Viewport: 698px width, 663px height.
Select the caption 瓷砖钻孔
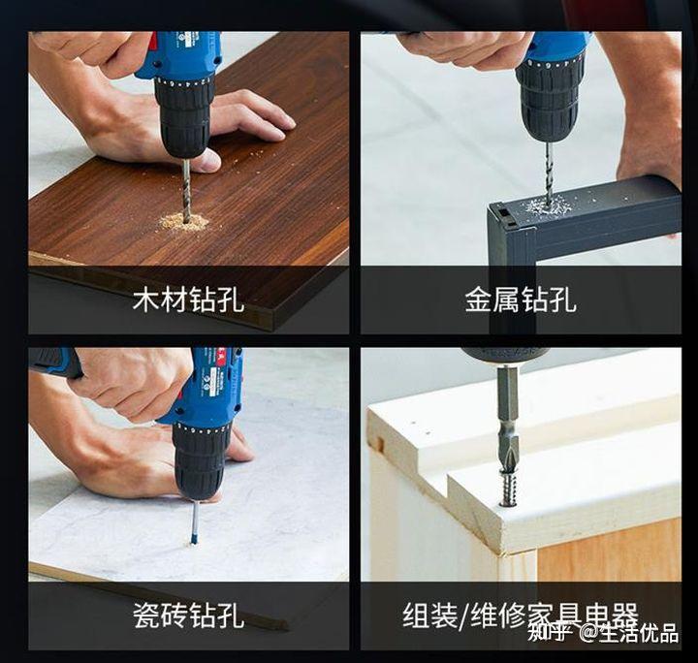tap(188, 615)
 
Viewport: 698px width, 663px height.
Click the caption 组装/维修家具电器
tap(520, 615)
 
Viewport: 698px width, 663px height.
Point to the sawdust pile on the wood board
tap(184, 222)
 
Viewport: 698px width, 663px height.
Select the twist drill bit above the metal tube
tap(549, 170)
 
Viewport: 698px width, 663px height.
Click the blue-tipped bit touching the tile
tap(195, 521)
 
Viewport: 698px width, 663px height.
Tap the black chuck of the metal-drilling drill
tap(549, 97)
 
